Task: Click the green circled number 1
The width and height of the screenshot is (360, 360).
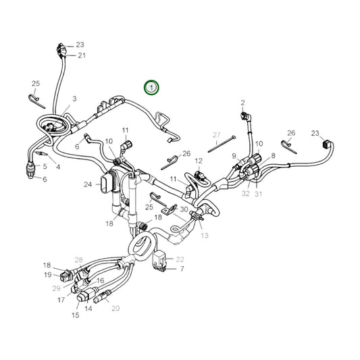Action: [153, 87]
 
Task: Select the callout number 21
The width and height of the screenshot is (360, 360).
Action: [81, 55]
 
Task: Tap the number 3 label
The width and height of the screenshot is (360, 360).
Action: [74, 99]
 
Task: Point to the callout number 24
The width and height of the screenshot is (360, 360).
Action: [88, 184]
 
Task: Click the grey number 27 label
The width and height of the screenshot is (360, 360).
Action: [217, 135]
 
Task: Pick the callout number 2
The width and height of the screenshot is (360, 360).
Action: [242, 103]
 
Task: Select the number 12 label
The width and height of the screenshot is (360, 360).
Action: [199, 161]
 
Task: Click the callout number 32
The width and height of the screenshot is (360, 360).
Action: [246, 193]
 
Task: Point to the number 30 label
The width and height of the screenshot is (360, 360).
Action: [184, 209]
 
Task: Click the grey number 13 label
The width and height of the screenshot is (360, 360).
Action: [205, 235]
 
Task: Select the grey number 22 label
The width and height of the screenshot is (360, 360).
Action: [180, 259]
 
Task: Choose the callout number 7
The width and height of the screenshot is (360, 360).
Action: [181, 269]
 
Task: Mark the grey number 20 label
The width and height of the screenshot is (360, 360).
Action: [115, 308]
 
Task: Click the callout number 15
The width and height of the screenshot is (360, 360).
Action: [75, 315]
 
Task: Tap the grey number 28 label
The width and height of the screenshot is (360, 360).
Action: [78, 259]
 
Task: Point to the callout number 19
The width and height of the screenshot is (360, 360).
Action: [48, 275]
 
